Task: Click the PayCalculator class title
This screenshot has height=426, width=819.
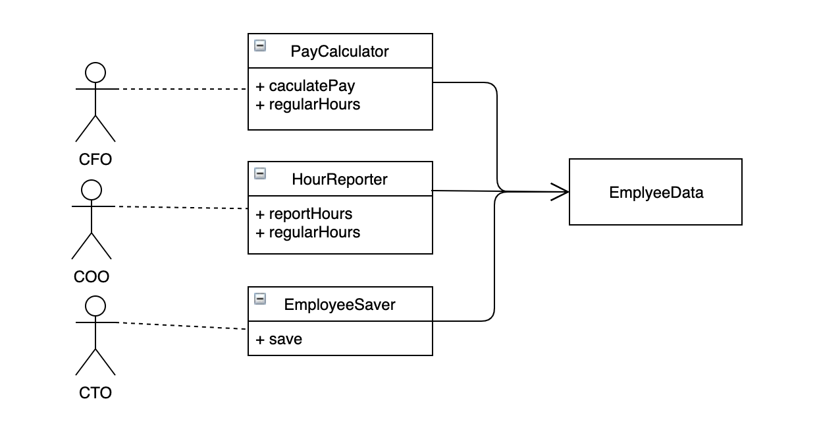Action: [x=339, y=51]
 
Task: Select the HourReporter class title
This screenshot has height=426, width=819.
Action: [x=339, y=179]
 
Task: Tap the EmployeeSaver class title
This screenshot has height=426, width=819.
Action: [x=339, y=305]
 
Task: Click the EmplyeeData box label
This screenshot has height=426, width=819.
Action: [x=656, y=193]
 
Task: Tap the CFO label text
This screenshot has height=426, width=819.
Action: [x=95, y=160]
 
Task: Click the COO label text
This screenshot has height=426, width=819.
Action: [x=92, y=277]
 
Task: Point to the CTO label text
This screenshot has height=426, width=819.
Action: [x=95, y=393]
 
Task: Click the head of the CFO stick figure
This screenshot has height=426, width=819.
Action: [x=95, y=73]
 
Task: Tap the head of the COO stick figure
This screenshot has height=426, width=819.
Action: [x=92, y=190]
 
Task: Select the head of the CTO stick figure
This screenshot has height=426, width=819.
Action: [x=95, y=306]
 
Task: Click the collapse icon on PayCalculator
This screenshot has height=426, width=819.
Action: [x=260, y=46]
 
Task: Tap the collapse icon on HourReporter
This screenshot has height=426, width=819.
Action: [x=260, y=173]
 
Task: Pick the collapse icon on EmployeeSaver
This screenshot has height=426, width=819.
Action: [x=260, y=299]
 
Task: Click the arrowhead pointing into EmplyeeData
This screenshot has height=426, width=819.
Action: [x=560, y=192]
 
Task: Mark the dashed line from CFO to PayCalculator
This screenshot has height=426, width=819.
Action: [x=183, y=89]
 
